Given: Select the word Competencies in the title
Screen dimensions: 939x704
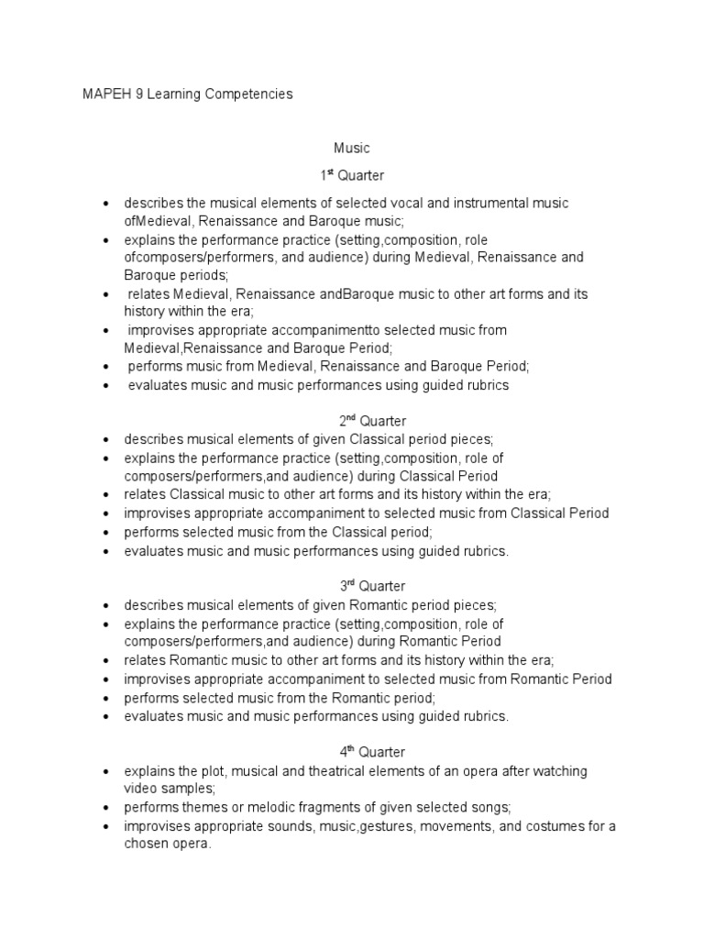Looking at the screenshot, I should coord(249,94).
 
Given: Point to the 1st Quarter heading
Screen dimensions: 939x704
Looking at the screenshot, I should coord(351,175).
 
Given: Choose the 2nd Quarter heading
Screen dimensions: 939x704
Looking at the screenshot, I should coord(351,421).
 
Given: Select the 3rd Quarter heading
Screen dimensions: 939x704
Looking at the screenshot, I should coord(351,586).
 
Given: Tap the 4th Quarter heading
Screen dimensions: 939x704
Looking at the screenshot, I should coord(351,752).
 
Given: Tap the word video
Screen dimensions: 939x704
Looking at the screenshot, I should coord(141,789).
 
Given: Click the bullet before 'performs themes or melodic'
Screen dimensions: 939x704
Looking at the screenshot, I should coord(107,808).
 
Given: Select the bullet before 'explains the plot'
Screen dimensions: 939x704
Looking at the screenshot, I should coord(107,771).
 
